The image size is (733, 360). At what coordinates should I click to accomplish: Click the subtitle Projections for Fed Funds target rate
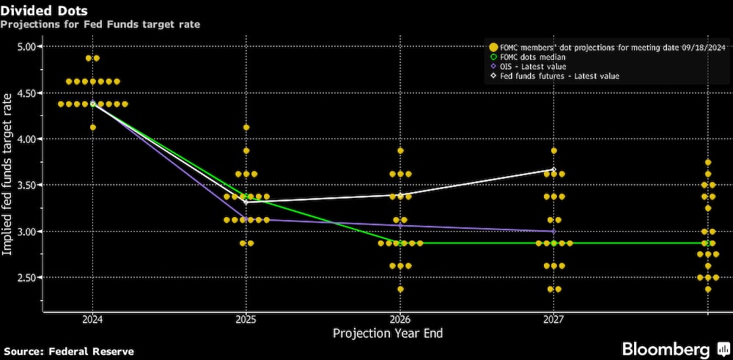point(100,24)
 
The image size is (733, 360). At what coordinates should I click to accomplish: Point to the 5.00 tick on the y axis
point(27,46)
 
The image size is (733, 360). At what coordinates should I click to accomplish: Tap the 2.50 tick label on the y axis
point(27,277)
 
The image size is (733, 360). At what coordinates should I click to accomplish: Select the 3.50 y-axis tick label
point(27,185)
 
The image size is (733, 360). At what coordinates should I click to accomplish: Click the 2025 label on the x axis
point(246,320)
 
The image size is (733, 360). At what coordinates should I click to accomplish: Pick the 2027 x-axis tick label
point(553,320)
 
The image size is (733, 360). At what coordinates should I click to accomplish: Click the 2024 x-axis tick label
point(92,320)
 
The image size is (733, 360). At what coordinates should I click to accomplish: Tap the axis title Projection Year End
point(387,334)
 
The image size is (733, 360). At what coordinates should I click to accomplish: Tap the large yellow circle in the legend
point(494,48)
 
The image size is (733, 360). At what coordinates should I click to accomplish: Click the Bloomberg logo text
point(666,348)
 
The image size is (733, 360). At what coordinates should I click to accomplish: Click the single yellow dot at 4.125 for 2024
point(92,128)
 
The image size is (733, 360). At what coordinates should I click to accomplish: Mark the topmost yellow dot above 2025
point(246,128)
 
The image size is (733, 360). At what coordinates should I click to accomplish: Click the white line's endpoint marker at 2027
point(553,169)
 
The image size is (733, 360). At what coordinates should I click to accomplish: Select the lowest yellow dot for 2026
point(400,289)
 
